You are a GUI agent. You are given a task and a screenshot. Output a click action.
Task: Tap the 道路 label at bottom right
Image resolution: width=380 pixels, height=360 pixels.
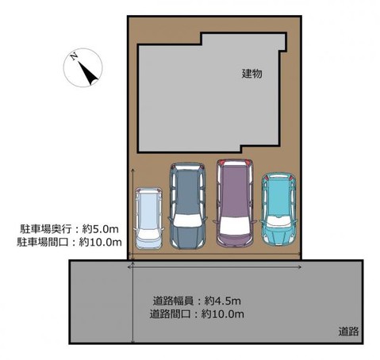tap(347, 331)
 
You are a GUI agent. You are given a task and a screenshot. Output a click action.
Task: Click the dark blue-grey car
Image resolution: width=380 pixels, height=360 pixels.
tap(187, 205)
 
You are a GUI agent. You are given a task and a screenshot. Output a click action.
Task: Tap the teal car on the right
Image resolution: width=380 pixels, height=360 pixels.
tap(279, 208)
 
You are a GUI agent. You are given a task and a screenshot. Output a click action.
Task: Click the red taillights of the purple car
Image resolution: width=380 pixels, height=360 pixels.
tap(233, 163)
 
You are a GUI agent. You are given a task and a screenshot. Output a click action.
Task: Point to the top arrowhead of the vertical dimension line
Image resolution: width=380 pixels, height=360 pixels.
tap(132, 170)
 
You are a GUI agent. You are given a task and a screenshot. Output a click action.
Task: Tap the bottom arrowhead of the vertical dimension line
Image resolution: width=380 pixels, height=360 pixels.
tap(132, 339)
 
